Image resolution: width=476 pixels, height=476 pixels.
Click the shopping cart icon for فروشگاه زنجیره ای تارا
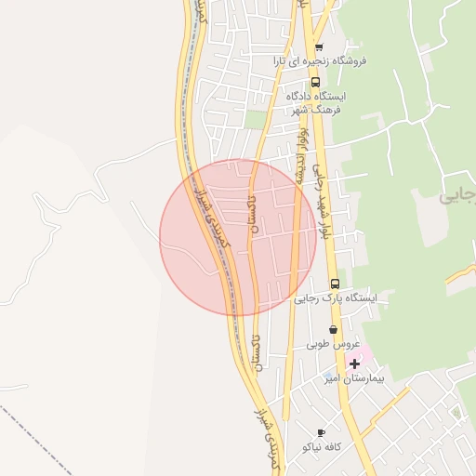click(319, 47)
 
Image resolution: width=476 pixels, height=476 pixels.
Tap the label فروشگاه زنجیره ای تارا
click(320, 60)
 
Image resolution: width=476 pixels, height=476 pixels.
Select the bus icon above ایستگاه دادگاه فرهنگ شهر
click(316, 82)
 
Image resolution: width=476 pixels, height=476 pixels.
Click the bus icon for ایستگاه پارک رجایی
click(335, 284)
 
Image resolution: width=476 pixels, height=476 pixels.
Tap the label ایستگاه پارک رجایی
click(336, 298)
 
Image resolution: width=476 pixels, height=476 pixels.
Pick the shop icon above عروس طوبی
click(333, 330)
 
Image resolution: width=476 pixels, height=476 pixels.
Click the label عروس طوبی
click(332, 343)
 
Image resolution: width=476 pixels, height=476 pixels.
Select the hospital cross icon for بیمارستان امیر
click(353, 364)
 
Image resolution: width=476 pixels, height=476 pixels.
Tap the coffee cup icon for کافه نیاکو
click(322, 432)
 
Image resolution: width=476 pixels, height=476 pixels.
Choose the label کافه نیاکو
click(322, 446)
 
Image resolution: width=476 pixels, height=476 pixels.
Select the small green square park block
click(256, 119)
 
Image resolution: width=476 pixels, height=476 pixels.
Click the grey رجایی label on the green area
click(457, 196)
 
